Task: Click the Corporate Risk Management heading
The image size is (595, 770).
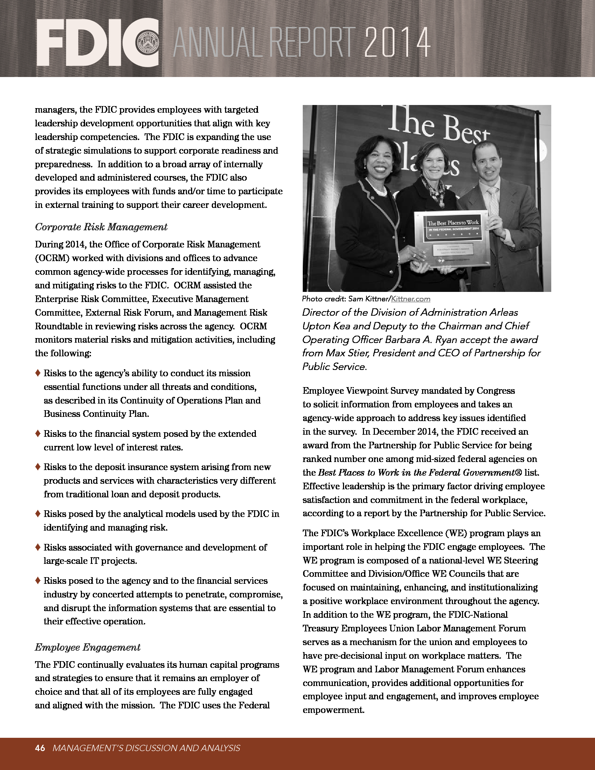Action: point(101,227)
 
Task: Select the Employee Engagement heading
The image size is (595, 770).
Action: point(87,647)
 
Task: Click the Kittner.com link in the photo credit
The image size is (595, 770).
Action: point(411,299)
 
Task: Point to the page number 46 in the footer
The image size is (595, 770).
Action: point(40,748)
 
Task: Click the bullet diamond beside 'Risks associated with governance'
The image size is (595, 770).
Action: point(38,547)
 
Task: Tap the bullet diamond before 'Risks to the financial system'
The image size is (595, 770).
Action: point(38,434)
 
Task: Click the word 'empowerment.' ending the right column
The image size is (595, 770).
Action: point(333,710)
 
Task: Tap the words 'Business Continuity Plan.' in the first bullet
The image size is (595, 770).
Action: point(96,414)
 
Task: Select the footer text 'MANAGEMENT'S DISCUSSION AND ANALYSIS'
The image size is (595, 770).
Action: point(146,748)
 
